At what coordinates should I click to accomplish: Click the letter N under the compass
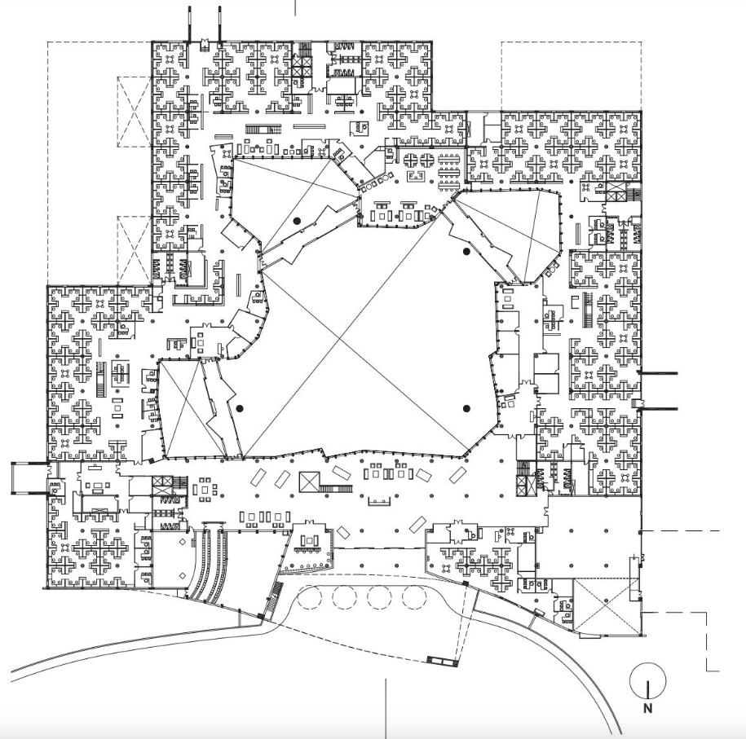point(648,708)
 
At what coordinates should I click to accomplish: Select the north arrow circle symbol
point(648,680)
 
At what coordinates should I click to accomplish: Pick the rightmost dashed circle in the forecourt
point(415,598)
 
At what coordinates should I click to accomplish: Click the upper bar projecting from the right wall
point(659,373)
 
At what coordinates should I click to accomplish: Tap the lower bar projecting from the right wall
point(659,408)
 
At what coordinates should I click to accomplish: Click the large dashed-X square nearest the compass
point(607,607)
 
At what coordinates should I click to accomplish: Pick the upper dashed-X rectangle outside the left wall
point(135,112)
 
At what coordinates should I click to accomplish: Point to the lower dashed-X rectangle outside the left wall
point(135,249)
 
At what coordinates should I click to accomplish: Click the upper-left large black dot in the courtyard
point(298,220)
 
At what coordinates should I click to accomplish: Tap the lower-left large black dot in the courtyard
point(240,408)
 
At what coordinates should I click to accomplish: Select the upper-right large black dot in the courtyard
point(466,252)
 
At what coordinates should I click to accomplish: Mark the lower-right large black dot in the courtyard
point(467,408)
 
